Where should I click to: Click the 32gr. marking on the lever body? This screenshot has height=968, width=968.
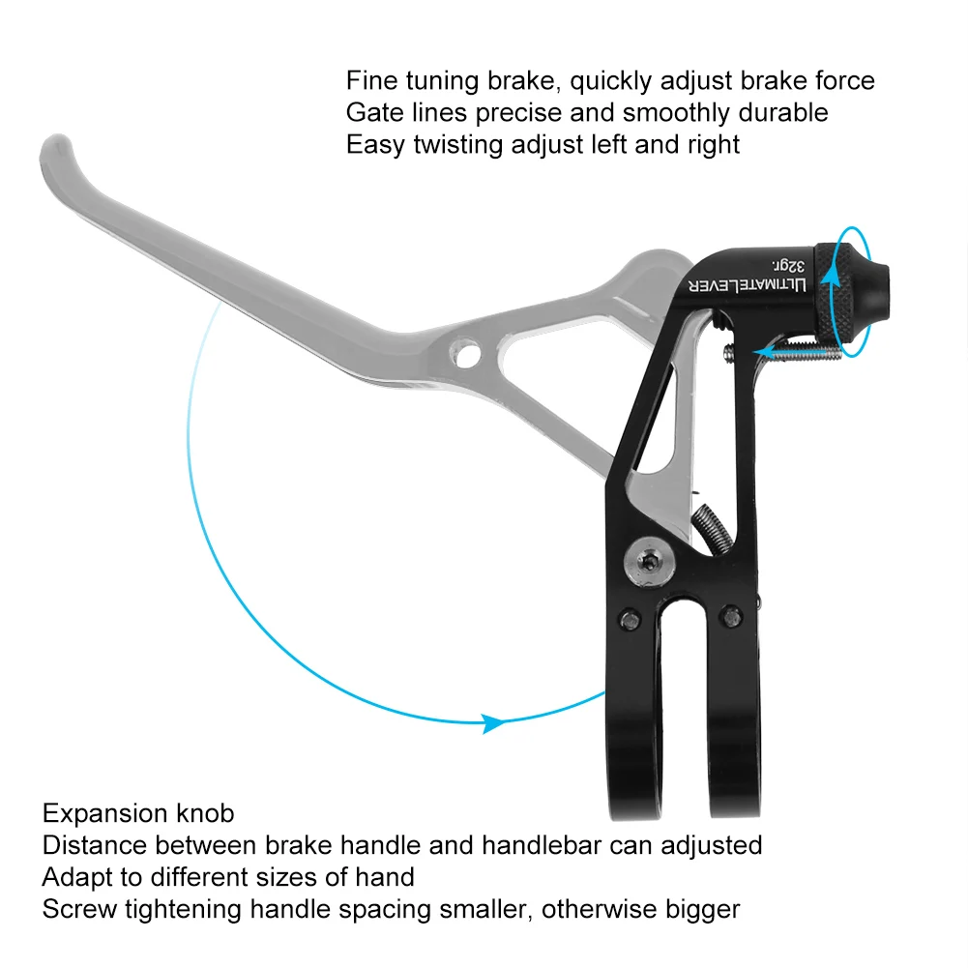[x=786, y=261]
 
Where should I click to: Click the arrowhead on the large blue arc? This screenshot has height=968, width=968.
[x=494, y=722]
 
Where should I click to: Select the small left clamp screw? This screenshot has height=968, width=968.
[x=630, y=620]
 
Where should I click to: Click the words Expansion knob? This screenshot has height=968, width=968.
[x=138, y=813]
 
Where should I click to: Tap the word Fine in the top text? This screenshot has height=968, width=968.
[x=368, y=80]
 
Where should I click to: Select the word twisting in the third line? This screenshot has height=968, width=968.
[x=465, y=145]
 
